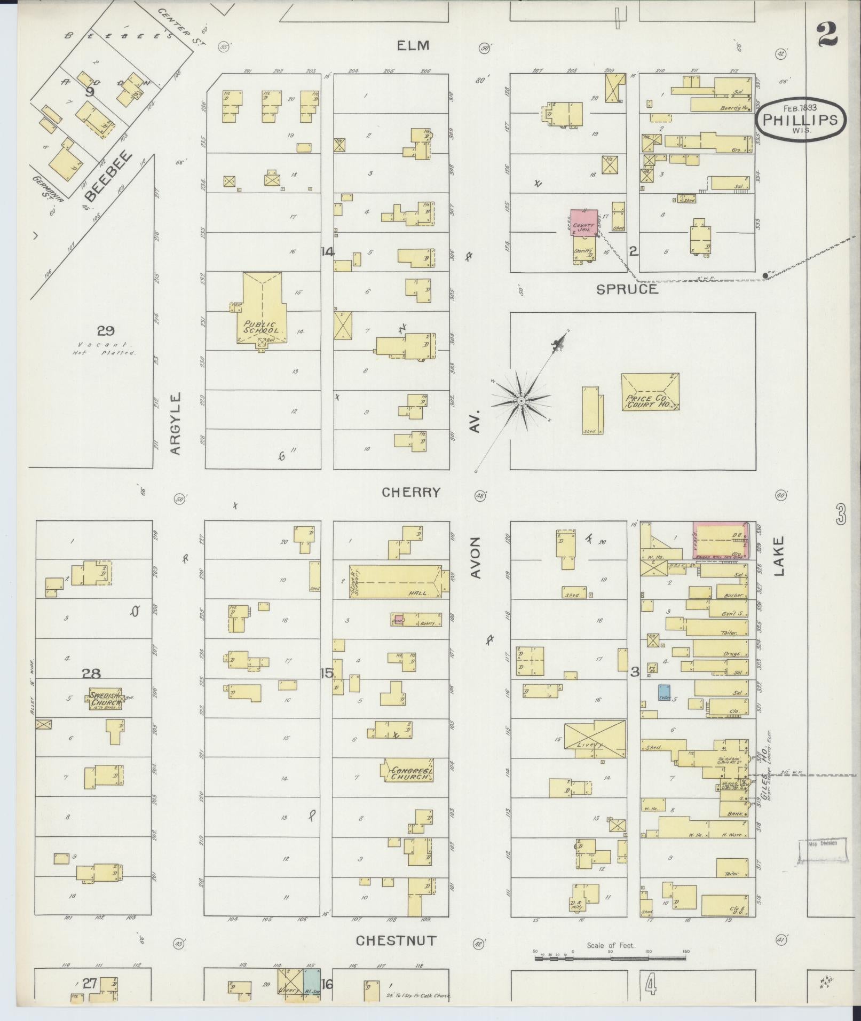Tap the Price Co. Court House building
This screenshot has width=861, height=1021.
(x=650, y=392)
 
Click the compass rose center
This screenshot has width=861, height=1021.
(x=520, y=400)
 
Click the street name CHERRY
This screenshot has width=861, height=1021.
(x=411, y=492)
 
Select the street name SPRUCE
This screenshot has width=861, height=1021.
(x=627, y=289)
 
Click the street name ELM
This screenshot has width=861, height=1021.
(x=413, y=46)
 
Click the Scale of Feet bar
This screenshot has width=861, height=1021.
(x=611, y=959)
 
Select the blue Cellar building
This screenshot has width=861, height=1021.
(x=664, y=692)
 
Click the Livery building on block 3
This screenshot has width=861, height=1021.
(x=595, y=738)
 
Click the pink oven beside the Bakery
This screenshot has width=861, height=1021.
(x=397, y=620)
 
